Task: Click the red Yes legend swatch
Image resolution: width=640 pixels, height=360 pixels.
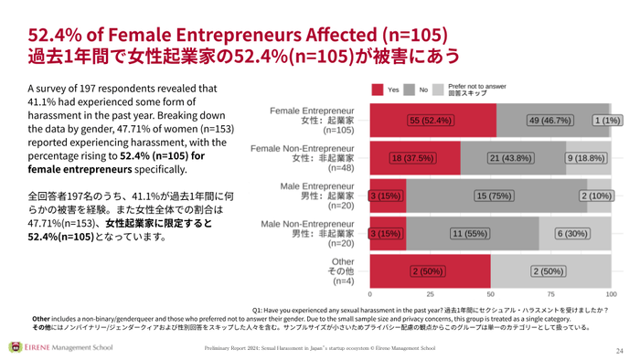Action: click(378, 90)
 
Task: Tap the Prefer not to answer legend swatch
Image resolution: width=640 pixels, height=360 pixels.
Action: click(438, 90)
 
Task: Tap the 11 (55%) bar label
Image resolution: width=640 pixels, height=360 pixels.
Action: click(473, 234)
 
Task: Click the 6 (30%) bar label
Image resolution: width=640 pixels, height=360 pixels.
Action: click(574, 234)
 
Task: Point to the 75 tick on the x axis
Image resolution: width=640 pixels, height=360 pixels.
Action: click(550, 295)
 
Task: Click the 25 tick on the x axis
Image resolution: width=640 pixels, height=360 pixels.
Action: click(430, 295)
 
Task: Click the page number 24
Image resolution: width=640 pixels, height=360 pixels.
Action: click(618, 350)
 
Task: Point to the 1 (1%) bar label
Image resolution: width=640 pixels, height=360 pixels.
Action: click(606, 121)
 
